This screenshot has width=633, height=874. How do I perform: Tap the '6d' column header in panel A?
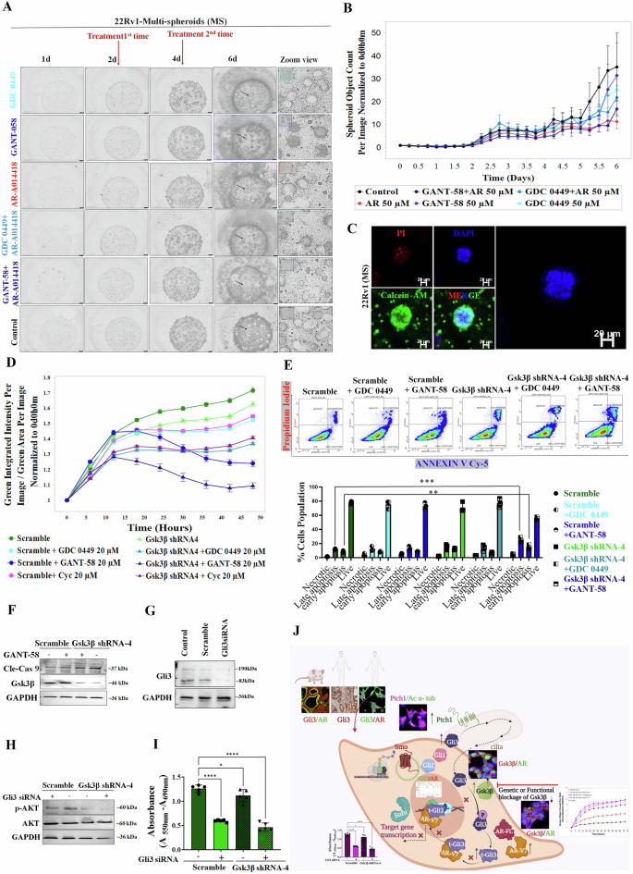pyautogui.click(x=244, y=58)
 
